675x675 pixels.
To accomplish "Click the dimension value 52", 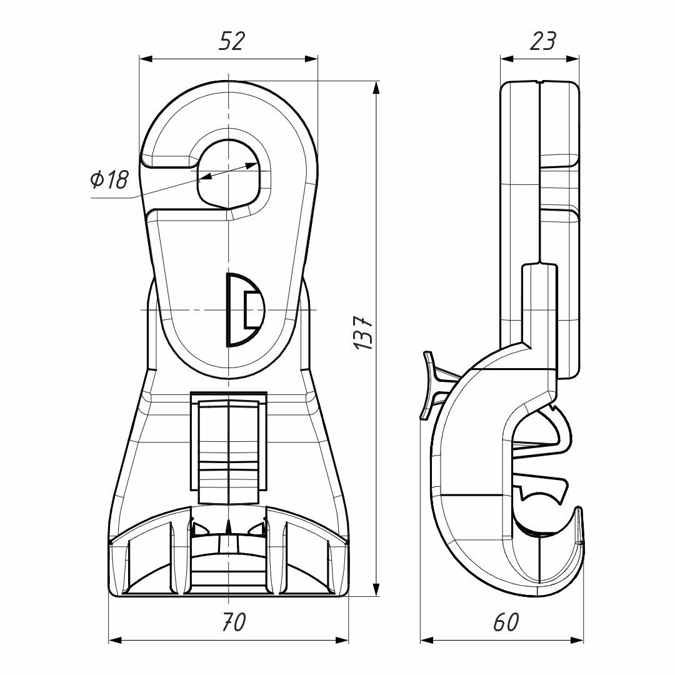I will click(231, 41).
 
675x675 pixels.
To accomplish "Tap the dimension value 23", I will click(542, 41).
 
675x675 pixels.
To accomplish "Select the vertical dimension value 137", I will click(363, 331).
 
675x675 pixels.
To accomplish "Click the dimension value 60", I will click(506, 621).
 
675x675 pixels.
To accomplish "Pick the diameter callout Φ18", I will click(109, 181).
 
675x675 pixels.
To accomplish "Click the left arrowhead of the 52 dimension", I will click(146, 59).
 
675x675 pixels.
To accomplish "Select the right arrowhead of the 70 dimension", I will click(342, 640).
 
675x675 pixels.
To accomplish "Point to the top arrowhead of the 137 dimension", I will click(376, 87).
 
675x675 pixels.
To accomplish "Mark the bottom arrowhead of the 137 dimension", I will click(376, 590).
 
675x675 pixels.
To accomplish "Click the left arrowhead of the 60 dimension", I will click(426, 640).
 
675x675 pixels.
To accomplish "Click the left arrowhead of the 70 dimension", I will click(116, 640).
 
